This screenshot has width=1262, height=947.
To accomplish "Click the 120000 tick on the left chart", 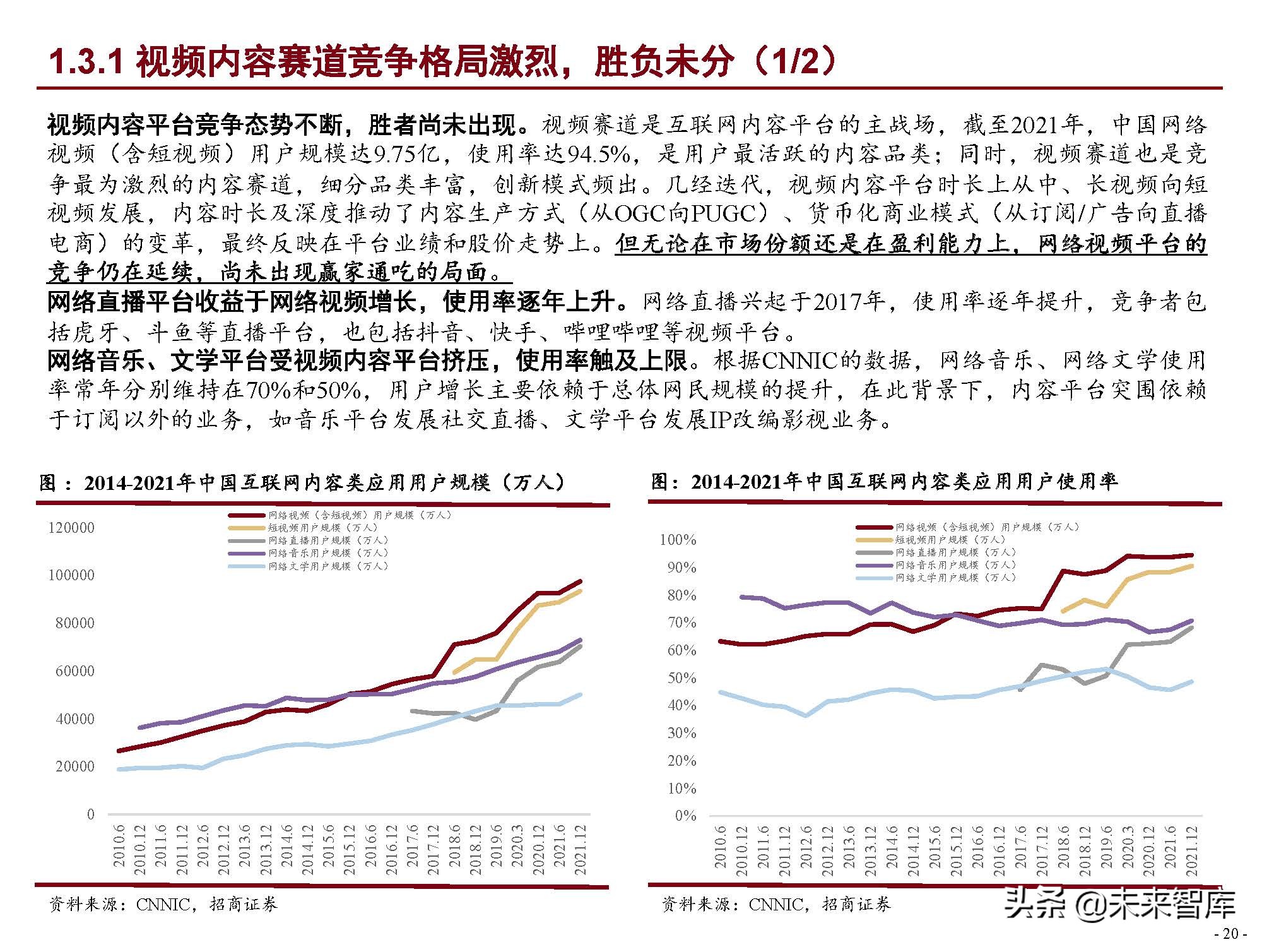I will pos(71,528).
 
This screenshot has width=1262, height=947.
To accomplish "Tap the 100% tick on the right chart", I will pos(678,540).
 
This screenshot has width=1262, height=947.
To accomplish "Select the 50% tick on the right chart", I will pos(681,678).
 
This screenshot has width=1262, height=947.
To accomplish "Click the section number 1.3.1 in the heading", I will pos(85,62).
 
